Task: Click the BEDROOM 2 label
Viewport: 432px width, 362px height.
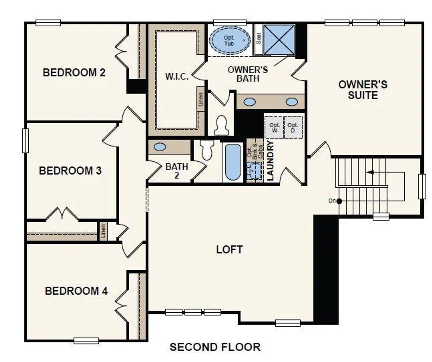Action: tap(74, 73)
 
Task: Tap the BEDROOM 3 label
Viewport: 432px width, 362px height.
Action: tap(70, 171)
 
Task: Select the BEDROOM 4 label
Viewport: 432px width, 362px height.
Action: tap(76, 291)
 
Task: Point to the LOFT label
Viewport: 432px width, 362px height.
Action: tap(229, 250)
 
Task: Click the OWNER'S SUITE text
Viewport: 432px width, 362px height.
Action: tap(363, 90)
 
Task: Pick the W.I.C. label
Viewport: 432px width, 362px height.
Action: tap(177, 77)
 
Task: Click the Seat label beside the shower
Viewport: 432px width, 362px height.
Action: tap(259, 38)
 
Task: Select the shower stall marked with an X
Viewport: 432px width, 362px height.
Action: tap(278, 39)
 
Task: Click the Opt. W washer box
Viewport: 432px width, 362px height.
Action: tap(274, 128)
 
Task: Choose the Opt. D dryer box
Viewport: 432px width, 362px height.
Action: tap(293, 128)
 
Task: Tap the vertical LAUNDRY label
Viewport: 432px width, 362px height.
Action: tap(270, 161)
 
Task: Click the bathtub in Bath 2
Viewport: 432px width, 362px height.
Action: tap(233, 162)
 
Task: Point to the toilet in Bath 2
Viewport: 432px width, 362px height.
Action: tap(206, 150)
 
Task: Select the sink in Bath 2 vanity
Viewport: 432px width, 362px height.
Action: tap(160, 147)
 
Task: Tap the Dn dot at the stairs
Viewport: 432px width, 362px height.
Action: tap(339, 201)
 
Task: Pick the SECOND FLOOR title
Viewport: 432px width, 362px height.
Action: tap(215, 347)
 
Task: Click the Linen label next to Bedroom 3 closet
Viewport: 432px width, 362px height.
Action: tap(103, 231)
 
